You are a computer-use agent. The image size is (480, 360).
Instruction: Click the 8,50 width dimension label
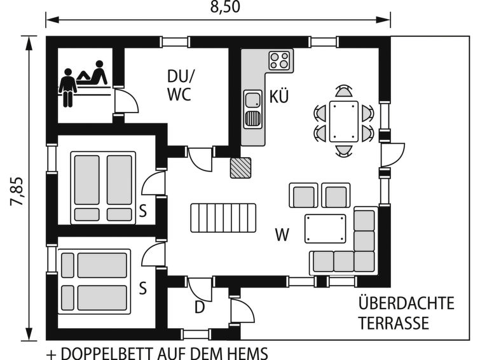[x=225, y=7]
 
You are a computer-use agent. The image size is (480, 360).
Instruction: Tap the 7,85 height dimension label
[x=17, y=191]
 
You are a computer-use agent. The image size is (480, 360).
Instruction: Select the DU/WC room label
[x=181, y=85]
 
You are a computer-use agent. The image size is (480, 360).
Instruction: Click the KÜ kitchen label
[x=279, y=96]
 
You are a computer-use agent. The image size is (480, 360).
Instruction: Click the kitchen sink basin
[x=253, y=100]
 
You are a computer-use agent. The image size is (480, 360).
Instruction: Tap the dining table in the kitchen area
[x=344, y=121]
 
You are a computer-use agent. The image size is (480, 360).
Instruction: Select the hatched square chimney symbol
[x=240, y=167]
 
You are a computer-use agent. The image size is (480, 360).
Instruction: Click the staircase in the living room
[x=223, y=218]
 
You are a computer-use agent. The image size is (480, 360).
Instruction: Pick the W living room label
[x=282, y=235]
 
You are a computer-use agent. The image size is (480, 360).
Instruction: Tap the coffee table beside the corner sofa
[x=325, y=229]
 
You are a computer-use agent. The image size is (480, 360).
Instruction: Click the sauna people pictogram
[x=83, y=83]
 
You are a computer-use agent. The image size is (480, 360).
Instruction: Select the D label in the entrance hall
[x=200, y=307]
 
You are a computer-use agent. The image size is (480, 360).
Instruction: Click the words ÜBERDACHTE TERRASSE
[x=406, y=313]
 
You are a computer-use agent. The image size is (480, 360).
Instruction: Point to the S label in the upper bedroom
[x=142, y=211]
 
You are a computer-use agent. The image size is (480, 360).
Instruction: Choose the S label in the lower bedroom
[x=142, y=287]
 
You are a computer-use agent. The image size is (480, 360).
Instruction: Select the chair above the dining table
[x=343, y=91]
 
